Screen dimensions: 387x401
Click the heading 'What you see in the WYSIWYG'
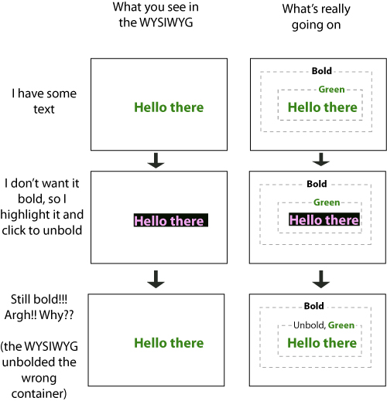click(x=156, y=15)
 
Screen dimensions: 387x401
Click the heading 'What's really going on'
click(x=317, y=17)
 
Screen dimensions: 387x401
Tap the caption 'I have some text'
click(x=44, y=101)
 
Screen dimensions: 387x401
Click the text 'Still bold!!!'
click(x=39, y=299)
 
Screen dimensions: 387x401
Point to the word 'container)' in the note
click(x=39, y=393)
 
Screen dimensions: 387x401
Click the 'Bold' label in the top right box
click(x=321, y=71)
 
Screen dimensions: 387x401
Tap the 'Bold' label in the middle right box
click(x=317, y=184)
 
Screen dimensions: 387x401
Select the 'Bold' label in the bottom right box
click(x=313, y=306)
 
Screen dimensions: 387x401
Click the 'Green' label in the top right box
click(x=331, y=90)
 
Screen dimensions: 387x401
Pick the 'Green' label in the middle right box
click(x=327, y=202)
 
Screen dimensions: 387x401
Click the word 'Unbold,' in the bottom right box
click(x=310, y=325)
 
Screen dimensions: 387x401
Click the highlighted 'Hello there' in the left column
click(x=171, y=220)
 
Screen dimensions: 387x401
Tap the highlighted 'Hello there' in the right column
click(x=324, y=219)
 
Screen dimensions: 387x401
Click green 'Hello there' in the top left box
click(x=169, y=107)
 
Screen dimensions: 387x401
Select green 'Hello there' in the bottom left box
click(x=169, y=343)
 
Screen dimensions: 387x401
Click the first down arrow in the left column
click(x=156, y=161)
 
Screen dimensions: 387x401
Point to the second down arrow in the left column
click(x=156, y=279)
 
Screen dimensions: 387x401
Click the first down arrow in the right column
click(x=321, y=160)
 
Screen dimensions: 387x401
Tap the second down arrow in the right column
click(x=321, y=279)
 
